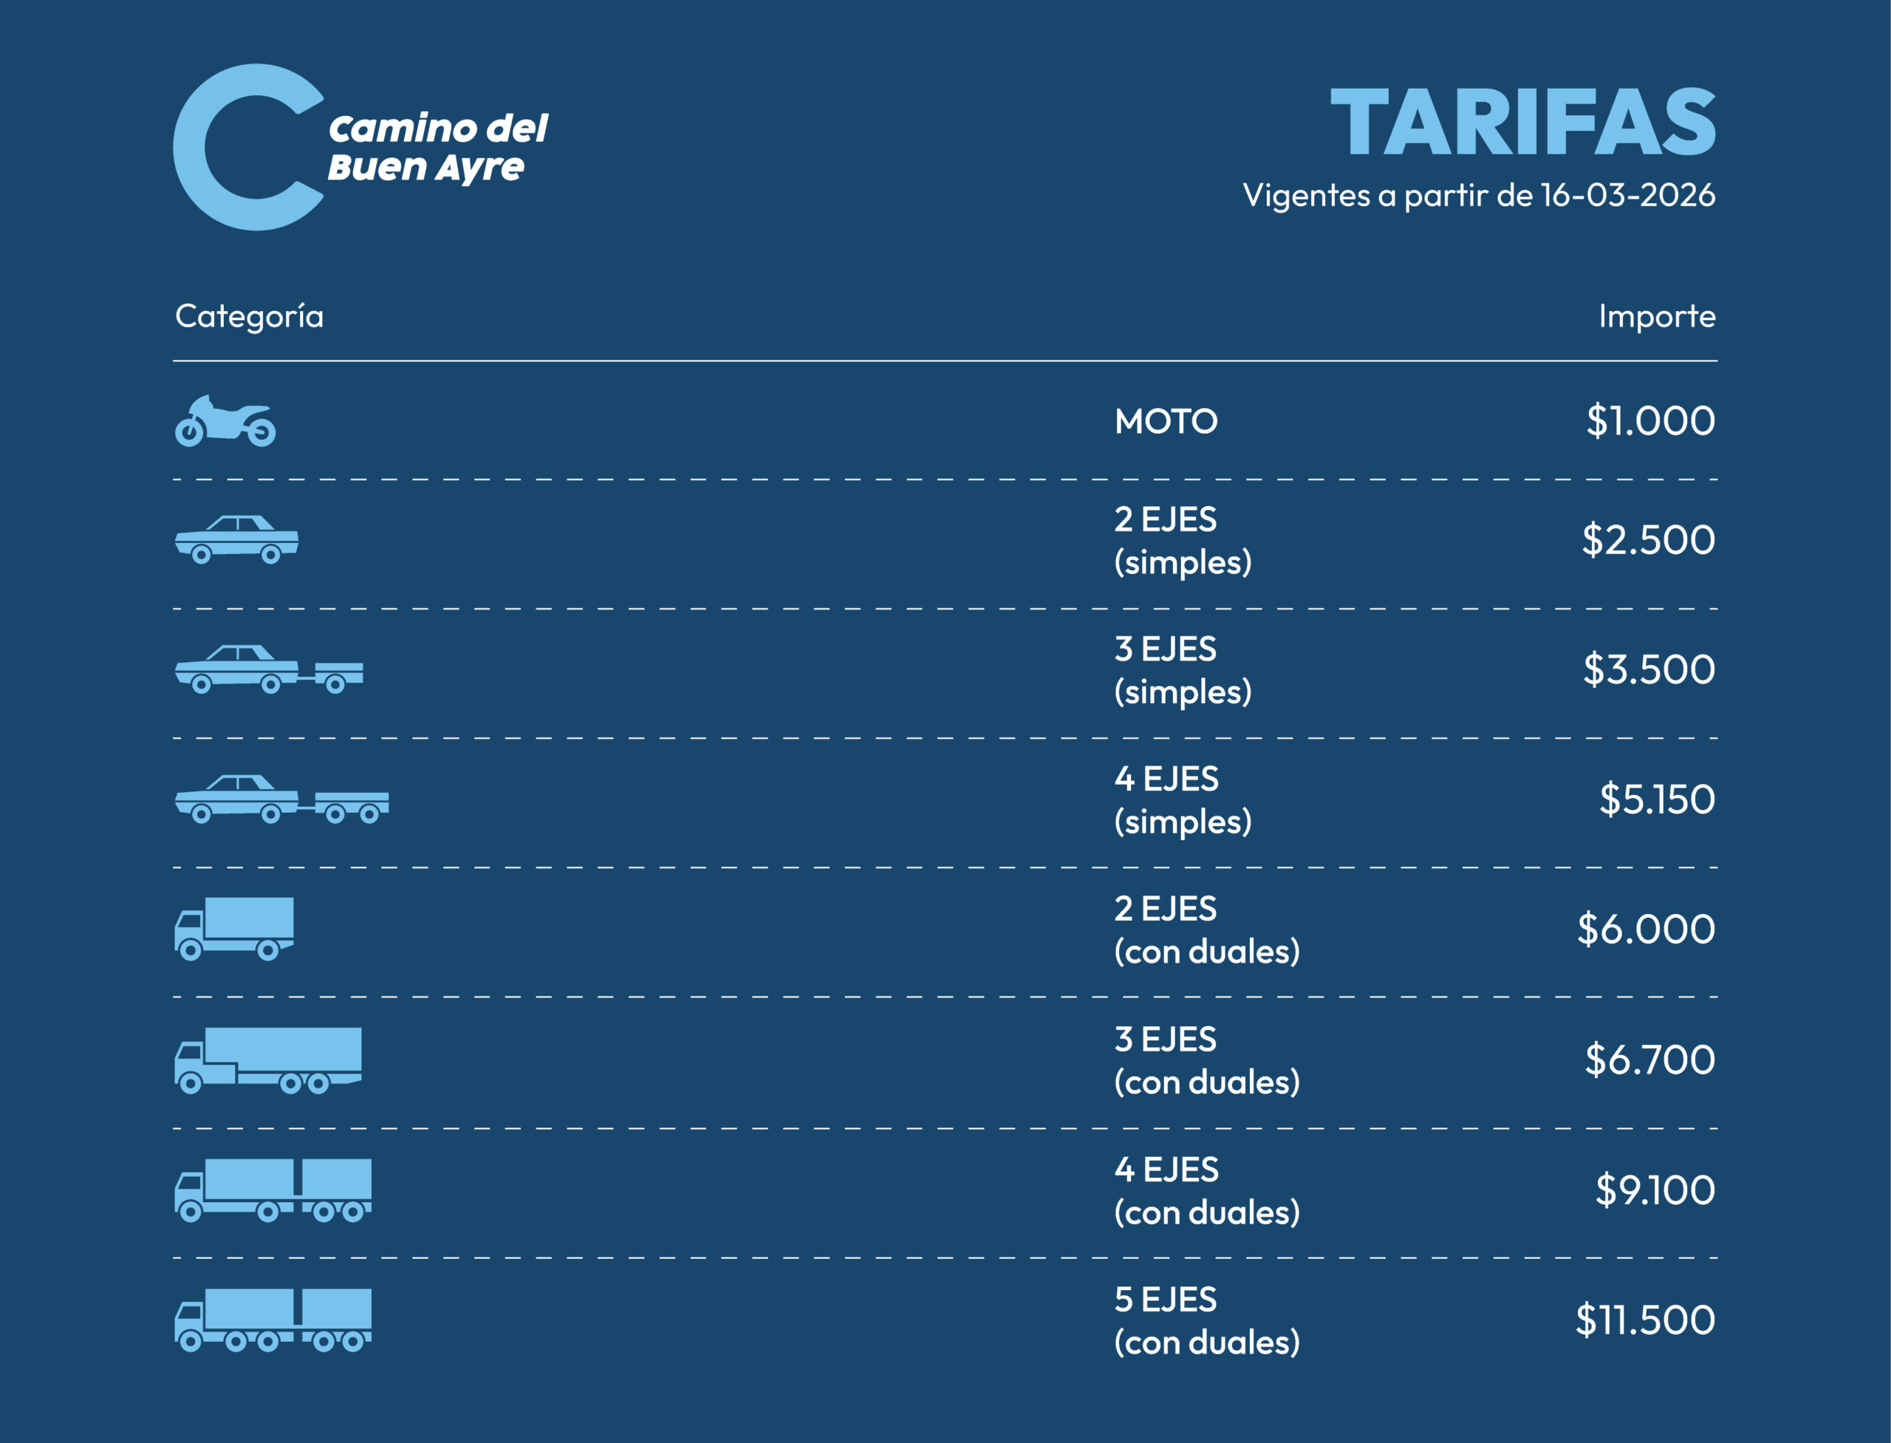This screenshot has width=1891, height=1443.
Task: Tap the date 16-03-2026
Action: tap(1627, 196)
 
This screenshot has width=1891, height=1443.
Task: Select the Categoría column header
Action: tap(249, 316)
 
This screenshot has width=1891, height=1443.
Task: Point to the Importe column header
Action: tap(1657, 316)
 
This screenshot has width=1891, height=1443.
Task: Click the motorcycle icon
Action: tap(225, 422)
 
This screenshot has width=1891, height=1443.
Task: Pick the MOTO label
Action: tap(1166, 422)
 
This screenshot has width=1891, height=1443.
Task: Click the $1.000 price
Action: tap(1649, 421)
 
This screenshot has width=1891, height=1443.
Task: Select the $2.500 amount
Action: tap(1648, 540)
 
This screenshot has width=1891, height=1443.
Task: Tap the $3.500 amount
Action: tap(1649, 670)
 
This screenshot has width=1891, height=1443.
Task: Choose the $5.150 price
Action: tap(1657, 799)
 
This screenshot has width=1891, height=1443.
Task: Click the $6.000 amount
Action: tap(1646, 929)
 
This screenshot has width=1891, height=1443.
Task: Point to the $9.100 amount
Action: tap(1655, 1190)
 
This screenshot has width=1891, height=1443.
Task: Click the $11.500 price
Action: tap(1644, 1320)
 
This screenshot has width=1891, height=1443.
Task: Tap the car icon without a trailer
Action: tap(236, 539)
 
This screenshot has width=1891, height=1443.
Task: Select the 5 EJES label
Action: tap(1166, 1300)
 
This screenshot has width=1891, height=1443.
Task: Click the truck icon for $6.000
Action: tap(234, 928)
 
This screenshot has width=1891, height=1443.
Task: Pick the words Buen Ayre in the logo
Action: tap(425, 168)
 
